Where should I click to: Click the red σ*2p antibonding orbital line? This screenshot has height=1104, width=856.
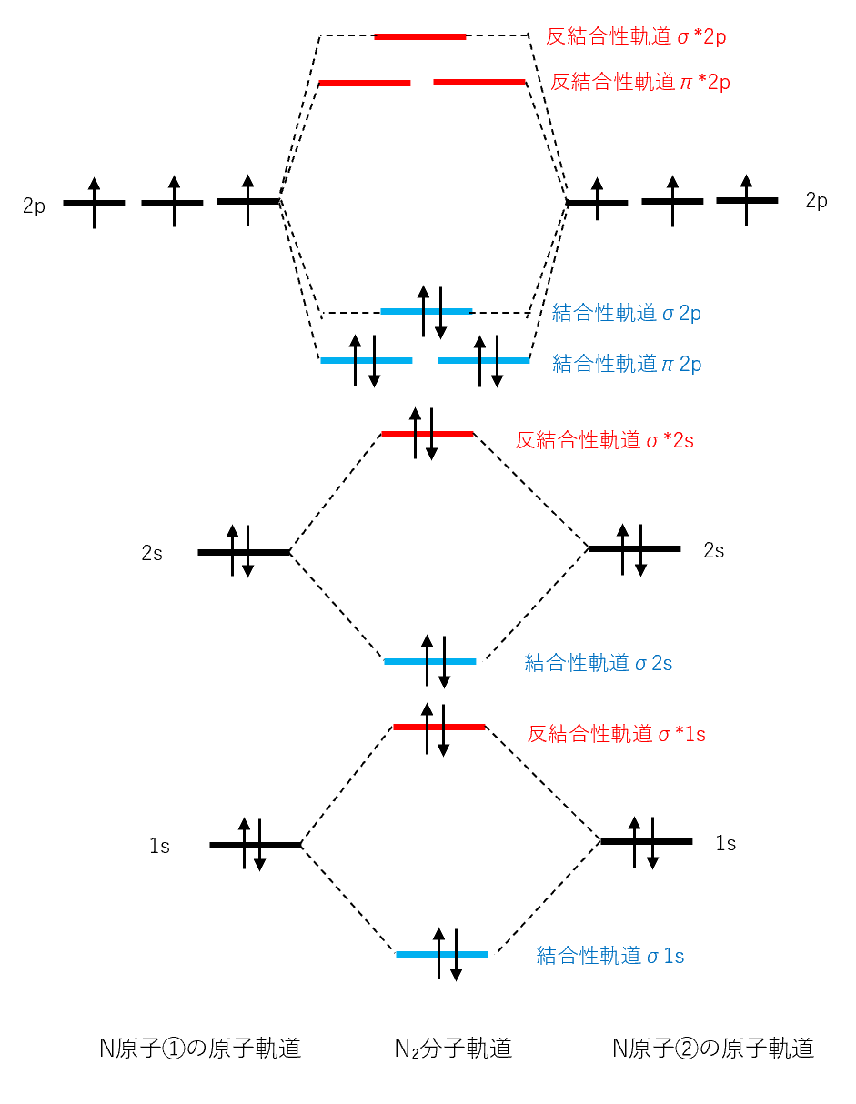pos(420,37)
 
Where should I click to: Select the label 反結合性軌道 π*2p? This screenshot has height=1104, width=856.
pos(639,83)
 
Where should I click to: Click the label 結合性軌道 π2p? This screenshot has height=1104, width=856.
pos(627,365)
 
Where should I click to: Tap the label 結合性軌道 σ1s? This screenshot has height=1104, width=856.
pos(610,956)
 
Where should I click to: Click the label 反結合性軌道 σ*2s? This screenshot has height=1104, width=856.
pos(605,441)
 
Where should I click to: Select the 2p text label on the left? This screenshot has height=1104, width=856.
pos(34,205)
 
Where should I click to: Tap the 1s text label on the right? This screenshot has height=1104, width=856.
pos(725,843)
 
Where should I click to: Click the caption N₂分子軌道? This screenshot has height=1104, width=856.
pos(453,1049)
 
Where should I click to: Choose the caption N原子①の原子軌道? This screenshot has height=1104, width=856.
pos(200,1049)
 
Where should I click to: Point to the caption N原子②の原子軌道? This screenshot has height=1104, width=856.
pos(713,1049)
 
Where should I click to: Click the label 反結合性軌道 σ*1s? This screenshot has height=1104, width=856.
pos(617,734)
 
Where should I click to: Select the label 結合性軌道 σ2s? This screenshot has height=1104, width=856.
pos(599,663)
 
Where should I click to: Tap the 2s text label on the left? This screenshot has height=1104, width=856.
pos(152,553)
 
